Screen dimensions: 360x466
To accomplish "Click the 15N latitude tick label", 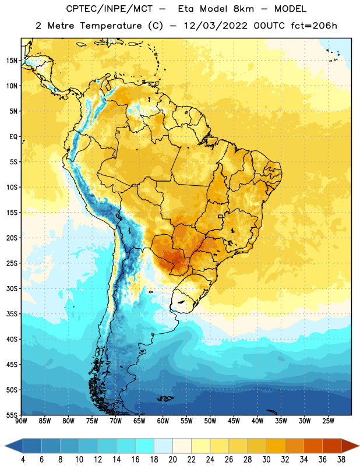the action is click(12, 61).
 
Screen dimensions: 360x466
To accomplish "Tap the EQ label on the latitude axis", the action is click(13, 137).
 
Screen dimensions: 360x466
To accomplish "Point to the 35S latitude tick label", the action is click(12, 314).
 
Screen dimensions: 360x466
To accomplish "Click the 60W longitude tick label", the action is click(163, 421).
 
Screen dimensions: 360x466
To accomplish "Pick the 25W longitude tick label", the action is click(328, 421).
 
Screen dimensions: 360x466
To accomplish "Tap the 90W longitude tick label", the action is click(22, 421).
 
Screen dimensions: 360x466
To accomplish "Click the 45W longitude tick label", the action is click(234, 421).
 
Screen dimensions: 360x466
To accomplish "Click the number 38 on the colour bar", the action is click(341, 460).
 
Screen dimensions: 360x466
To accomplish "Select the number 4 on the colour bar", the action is click(23, 460).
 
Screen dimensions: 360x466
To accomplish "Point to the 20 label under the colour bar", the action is click(172, 460).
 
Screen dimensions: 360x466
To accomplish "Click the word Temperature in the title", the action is click(111, 26).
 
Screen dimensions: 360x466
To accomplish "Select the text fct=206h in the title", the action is click(314, 26).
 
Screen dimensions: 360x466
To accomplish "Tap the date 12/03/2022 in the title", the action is click(216, 26).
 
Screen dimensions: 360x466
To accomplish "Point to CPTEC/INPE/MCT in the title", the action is click(110, 9).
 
